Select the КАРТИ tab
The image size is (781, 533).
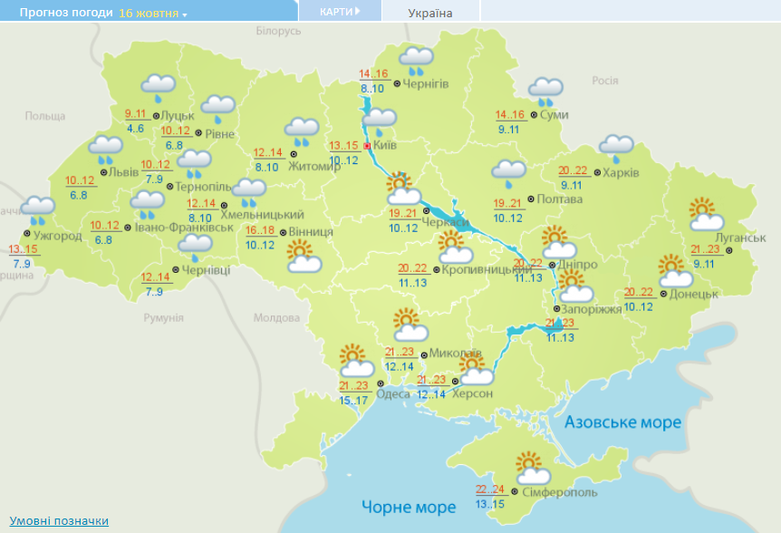pos(339,12)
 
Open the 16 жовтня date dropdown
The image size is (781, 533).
pos(152,14)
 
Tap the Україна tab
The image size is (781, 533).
pos(430,13)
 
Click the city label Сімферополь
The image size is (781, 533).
pos(560,491)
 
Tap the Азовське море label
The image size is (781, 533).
pos(622,423)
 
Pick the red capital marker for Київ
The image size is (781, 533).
pos(367,146)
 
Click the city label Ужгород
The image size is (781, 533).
pos(59,236)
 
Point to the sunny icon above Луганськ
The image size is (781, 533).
pos(705,215)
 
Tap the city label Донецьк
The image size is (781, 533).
pos(695,294)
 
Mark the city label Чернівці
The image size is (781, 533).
pos(206,269)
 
